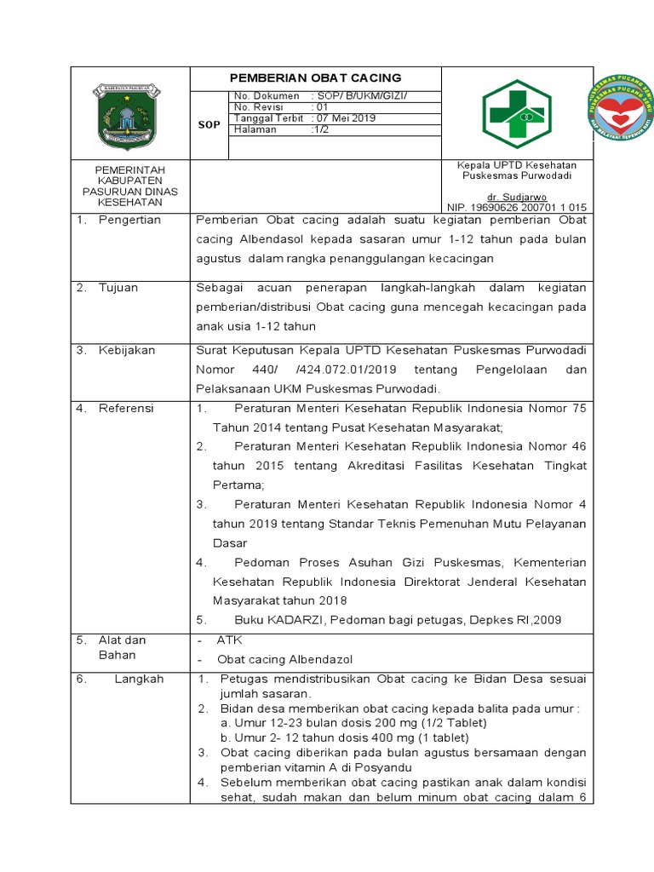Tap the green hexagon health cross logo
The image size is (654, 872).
pos(516,114)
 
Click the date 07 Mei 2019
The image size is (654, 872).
pos(346,118)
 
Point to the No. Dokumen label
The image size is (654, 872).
pos(267,96)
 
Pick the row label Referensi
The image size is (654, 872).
pos(126,408)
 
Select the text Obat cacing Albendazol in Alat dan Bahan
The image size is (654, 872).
pos(284,659)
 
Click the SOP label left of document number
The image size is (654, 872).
pos(209,124)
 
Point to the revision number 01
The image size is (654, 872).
pos(321,107)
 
